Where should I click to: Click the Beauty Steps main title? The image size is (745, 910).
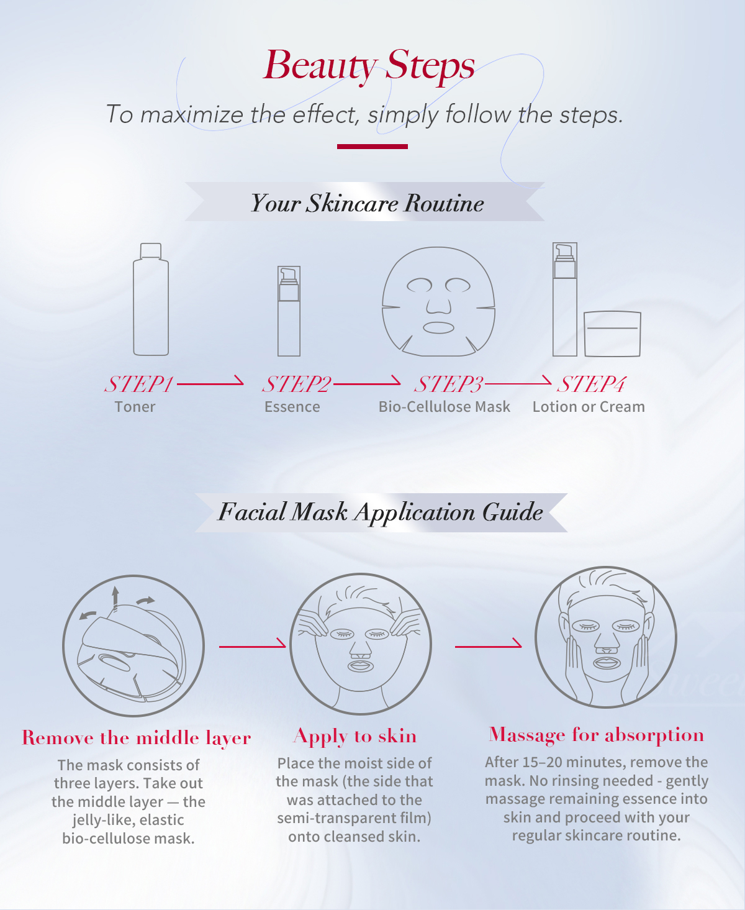(369, 65)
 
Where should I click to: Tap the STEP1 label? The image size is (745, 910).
(138, 384)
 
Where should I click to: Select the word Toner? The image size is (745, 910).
(135, 407)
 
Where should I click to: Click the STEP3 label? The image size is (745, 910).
(448, 384)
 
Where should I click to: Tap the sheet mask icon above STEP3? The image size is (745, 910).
(438, 301)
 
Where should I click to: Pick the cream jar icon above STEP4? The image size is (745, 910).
(612, 334)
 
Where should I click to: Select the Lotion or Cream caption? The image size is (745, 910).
(589, 407)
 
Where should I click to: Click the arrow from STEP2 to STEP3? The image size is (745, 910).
(367, 383)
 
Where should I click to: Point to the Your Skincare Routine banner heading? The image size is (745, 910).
(367, 203)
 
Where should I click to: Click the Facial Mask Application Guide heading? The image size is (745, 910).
(380, 512)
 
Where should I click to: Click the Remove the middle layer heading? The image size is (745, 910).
(137, 738)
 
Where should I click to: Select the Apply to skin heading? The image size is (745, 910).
(354, 736)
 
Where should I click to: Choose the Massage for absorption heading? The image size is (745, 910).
(596, 735)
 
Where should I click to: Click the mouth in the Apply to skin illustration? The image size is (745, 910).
(360, 666)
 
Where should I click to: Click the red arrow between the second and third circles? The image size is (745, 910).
(488, 645)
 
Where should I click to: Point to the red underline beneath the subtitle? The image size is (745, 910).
(372, 147)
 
